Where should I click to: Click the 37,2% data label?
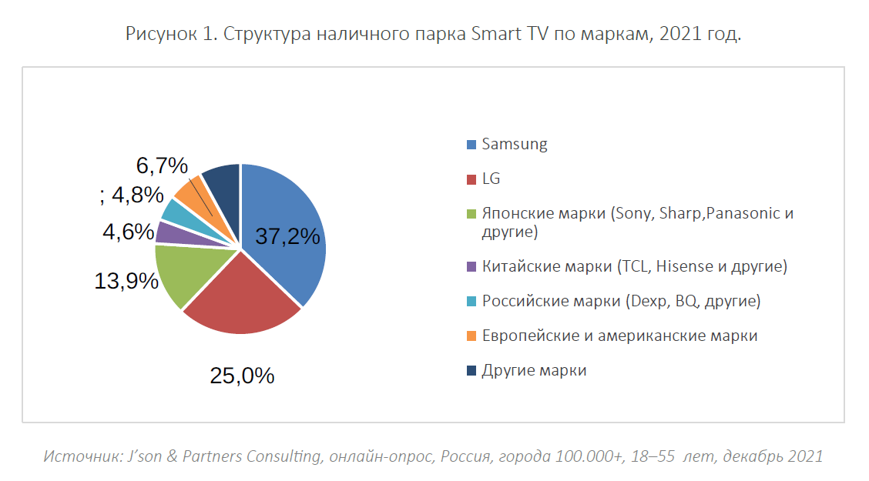[x=287, y=237]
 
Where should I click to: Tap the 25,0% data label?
[x=242, y=376]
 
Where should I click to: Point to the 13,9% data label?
[x=126, y=282]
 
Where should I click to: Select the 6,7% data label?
[x=162, y=165]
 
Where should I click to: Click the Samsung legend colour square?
[x=471, y=145]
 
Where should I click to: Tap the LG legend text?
[x=491, y=179]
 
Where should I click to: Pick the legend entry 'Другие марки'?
[x=534, y=370]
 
